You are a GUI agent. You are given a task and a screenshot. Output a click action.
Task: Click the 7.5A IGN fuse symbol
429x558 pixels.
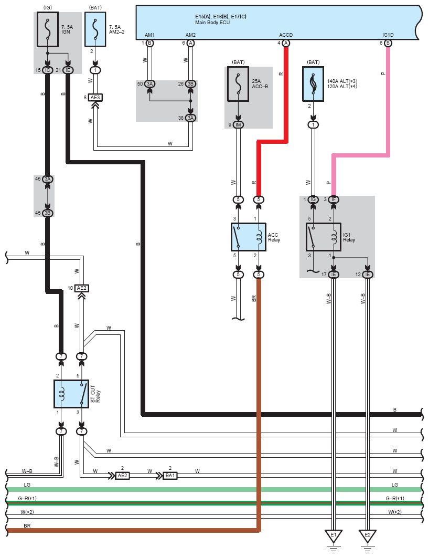pos(48,29)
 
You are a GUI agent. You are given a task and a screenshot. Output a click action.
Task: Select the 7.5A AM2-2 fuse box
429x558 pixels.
pos(95,29)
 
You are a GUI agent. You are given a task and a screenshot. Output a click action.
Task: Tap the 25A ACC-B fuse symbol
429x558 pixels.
pos(238,84)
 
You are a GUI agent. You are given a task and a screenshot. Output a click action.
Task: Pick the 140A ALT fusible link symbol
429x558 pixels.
pos(313,84)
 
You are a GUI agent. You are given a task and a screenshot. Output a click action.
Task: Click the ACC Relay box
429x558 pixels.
pos(249,237)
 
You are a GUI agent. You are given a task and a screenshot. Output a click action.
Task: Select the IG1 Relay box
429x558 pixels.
pos(324,237)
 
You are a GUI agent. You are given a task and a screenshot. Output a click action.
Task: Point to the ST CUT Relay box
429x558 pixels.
pos(71,394)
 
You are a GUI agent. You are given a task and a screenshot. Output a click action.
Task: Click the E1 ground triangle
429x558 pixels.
pos(334,536)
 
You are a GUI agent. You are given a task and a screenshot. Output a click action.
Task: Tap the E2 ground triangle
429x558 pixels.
pos(368,536)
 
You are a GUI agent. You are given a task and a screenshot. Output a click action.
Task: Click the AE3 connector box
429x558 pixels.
pos(95,98)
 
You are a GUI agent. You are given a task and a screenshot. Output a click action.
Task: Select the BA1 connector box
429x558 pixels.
pos(170,476)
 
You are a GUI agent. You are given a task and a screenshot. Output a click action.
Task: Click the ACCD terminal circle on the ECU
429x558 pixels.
pos(286,43)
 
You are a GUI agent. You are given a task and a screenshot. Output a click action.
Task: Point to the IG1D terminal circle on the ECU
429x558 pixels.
pos(388,43)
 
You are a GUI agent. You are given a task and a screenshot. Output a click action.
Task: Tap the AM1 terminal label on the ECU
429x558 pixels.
pos(149,35)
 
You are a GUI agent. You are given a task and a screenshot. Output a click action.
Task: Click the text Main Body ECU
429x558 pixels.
pos(212,23)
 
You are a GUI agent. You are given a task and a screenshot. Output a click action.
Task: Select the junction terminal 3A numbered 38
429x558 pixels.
pos(190,118)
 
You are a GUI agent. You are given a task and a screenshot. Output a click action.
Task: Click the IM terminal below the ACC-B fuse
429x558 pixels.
pos(238,125)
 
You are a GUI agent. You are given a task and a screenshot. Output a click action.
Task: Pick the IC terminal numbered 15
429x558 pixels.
pos(48,70)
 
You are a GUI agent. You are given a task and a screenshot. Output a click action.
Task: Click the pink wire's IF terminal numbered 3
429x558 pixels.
pos(334,199)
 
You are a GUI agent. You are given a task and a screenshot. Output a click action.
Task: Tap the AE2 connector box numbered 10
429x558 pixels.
pos(82,288)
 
